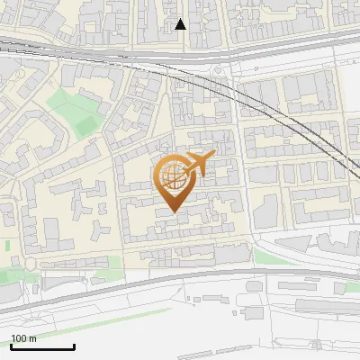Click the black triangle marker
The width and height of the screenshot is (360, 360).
[180, 24]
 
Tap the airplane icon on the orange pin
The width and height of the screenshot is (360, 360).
[197, 164]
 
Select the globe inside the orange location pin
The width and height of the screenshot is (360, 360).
[171, 176]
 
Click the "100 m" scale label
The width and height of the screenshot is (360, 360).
[24, 338]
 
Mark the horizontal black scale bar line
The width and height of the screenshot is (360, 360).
[42, 346]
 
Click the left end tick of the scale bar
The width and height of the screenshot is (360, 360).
[11, 345]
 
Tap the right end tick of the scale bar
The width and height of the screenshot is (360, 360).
[74, 345]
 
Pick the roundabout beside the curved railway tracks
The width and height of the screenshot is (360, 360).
[218, 69]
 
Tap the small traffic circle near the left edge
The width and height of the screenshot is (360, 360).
[31, 263]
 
